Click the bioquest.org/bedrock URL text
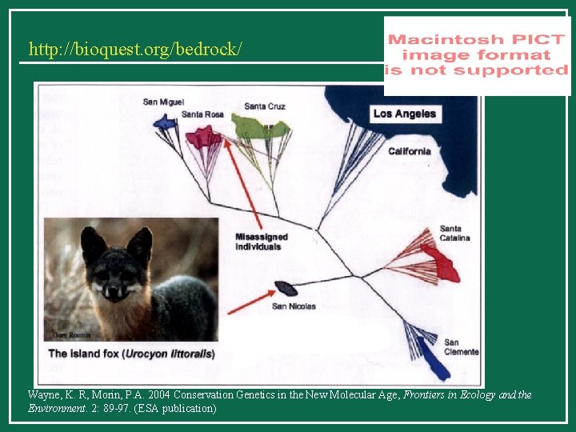[x=134, y=50]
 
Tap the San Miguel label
[x=163, y=102]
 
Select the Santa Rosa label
[x=202, y=114]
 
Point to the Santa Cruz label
[x=265, y=106]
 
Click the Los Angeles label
[x=405, y=114]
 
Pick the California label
[x=409, y=151]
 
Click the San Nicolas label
[x=294, y=306]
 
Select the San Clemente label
[x=462, y=347]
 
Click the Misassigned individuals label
[x=261, y=242]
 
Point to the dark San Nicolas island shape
[x=286, y=288]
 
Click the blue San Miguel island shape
[x=165, y=122]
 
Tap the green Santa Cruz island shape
[x=259, y=126]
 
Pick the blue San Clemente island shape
[x=433, y=365]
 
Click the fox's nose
[x=114, y=291]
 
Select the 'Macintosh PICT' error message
[x=476, y=54]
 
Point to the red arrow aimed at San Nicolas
[x=251, y=302]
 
